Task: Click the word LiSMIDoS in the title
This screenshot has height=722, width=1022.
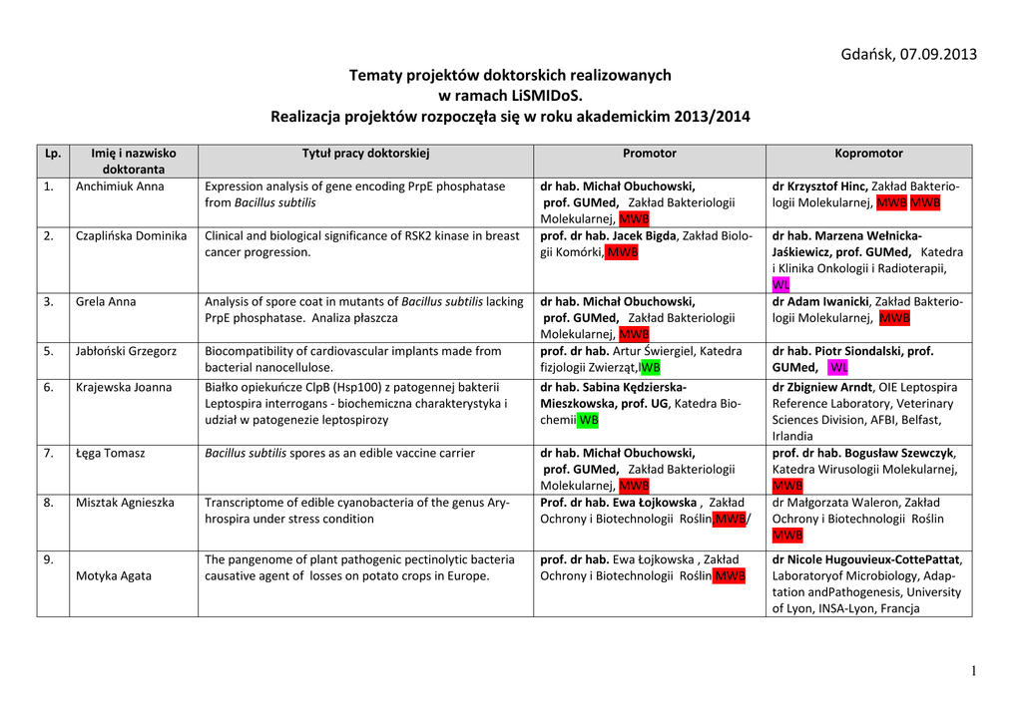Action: pyautogui.click(x=543, y=96)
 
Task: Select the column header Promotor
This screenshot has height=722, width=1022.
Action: pyautogui.click(x=649, y=154)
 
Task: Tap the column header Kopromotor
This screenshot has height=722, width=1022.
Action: pyautogui.click(x=868, y=154)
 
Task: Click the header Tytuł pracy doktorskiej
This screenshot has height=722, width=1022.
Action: pyautogui.click(x=365, y=154)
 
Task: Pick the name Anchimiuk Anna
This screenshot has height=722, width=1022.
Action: pyautogui.click(x=120, y=186)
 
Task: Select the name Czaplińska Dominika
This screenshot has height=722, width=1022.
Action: pyautogui.click(x=131, y=236)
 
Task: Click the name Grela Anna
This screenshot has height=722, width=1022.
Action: pyautogui.click(x=106, y=302)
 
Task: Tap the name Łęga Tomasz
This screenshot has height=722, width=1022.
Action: pyautogui.click(x=110, y=454)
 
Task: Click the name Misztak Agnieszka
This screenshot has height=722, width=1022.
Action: pyautogui.click(x=125, y=503)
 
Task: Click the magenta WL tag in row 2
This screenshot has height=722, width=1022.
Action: pyautogui.click(x=781, y=285)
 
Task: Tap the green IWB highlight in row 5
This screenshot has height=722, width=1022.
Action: pyautogui.click(x=649, y=368)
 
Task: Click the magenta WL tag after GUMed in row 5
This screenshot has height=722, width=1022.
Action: pyautogui.click(x=838, y=368)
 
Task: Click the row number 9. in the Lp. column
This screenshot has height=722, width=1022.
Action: pyautogui.click(x=48, y=559)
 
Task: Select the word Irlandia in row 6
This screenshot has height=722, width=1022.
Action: pyautogui.click(x=792, y=436)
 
